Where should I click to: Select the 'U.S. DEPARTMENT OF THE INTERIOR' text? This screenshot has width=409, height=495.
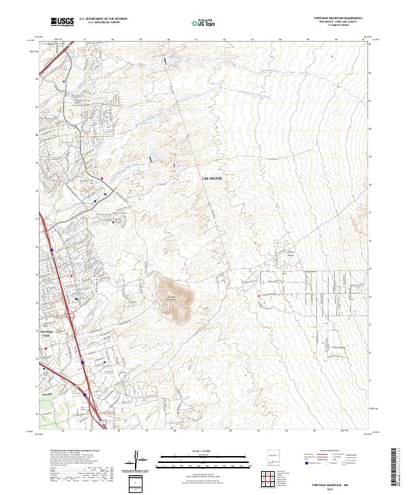103,19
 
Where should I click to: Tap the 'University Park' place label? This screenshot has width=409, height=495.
46,335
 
